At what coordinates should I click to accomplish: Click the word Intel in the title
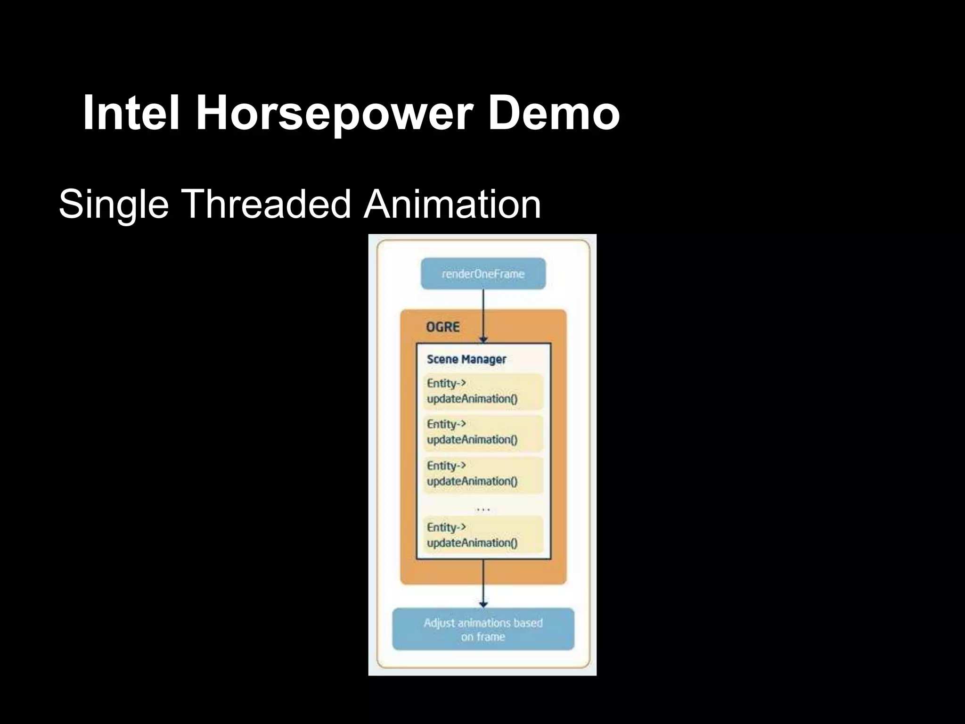coord(131,113)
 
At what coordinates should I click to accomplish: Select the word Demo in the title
coord(554,113)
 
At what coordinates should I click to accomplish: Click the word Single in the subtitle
coord(114,205)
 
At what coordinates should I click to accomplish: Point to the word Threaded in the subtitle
coord(266,204)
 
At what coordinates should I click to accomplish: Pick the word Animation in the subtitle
coord(452,204)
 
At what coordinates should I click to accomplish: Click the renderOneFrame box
coord(483,274)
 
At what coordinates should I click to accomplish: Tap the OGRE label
coord(442,327)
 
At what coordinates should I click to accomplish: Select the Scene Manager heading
coord(466,359)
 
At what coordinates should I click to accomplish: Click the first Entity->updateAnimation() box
coord(483,391)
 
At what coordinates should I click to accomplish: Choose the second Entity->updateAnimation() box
coord(483,432)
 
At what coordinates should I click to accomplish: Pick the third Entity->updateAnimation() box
coord(483,474)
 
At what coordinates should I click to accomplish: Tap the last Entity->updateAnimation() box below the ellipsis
coord(483,535)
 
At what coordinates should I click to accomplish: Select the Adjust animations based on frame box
coord(483,629)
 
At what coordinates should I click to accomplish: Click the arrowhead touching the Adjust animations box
coord(483,605)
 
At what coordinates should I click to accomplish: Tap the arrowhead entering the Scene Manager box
coord(483,340)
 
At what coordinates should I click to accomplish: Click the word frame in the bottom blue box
coord(492,637)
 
